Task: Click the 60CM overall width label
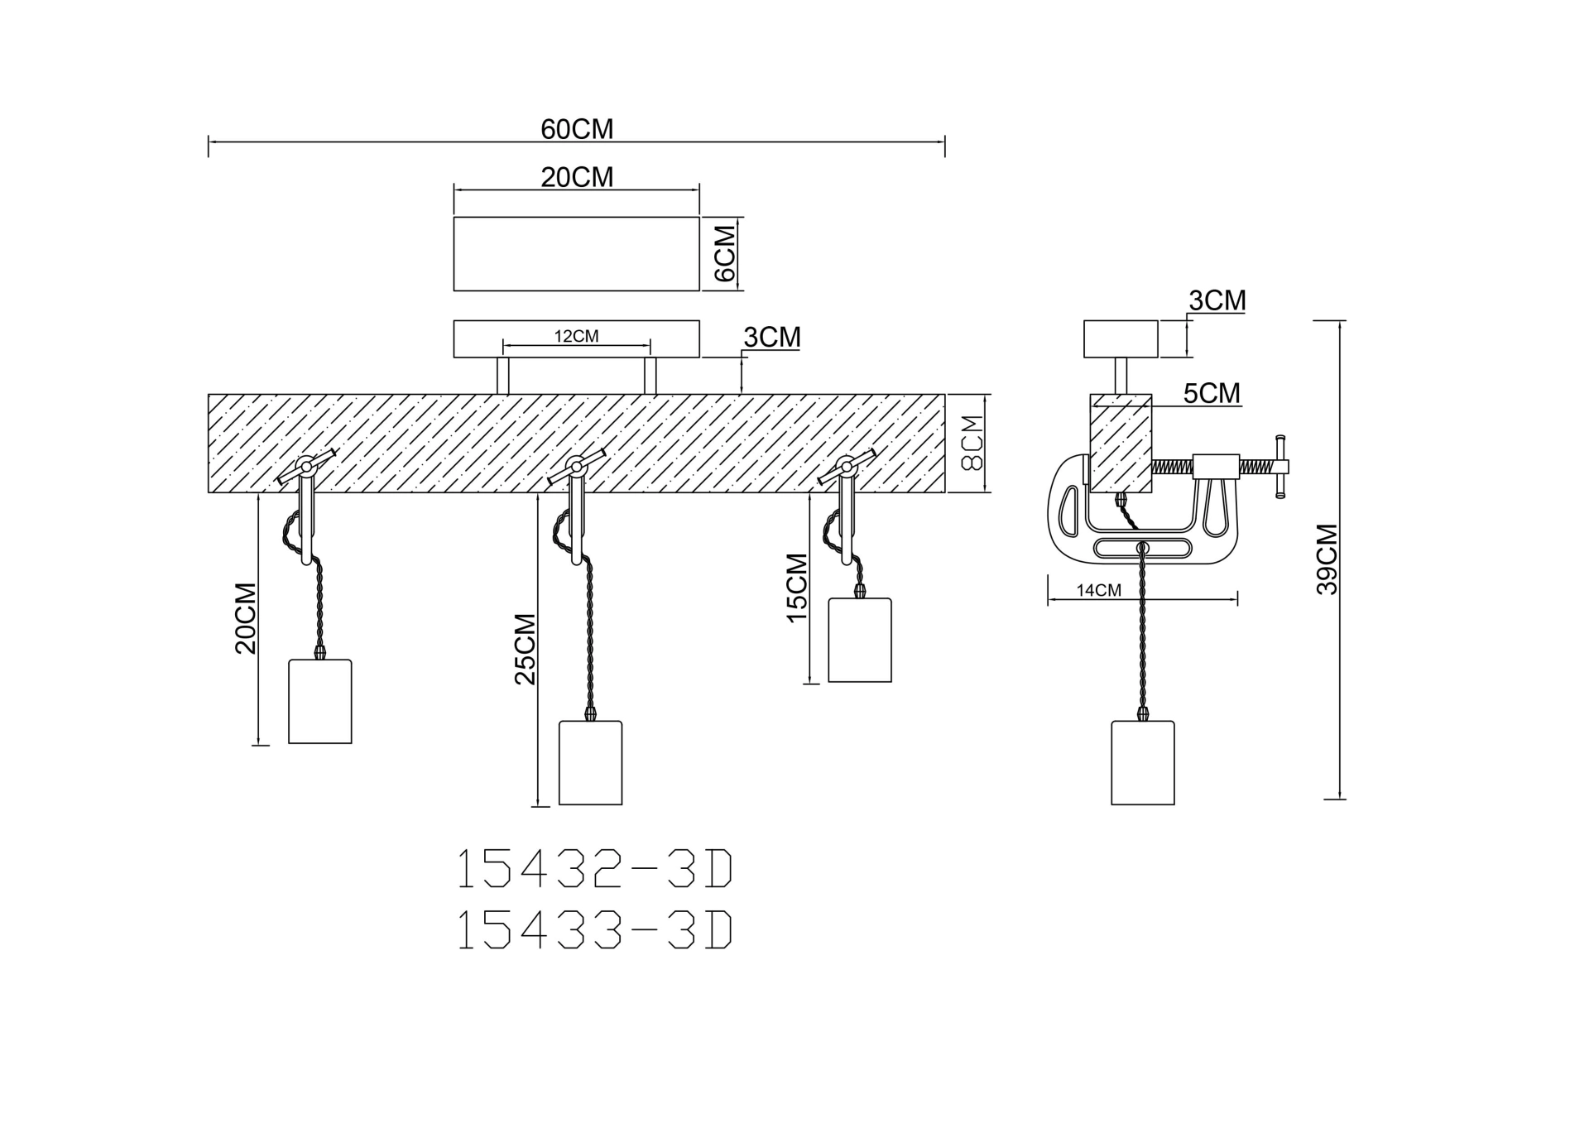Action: click(x=577, y=129)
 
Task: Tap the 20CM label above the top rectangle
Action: click(x=577, y=177)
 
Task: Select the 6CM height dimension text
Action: click(x=724, y=253)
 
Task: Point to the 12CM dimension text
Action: click(x=576, y=336)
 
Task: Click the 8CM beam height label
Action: click(x=972, y=443)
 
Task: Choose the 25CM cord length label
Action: click(x=525, y=649)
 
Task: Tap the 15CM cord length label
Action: click(x=796, y=588)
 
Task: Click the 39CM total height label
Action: click(x=1327, y=559)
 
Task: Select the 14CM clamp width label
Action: click(x=1098, y=590)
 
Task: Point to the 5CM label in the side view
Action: click(x=1212, y=393)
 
